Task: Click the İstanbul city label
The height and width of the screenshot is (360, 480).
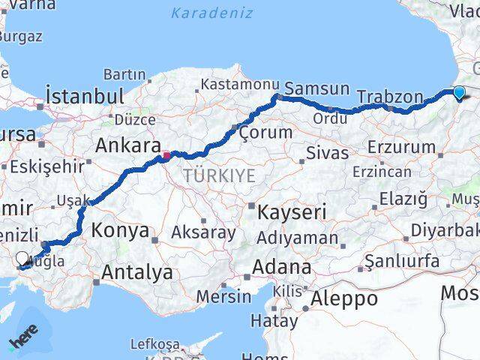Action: [x=84, y=96]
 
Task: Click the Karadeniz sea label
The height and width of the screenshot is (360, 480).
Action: [x=211, y=13]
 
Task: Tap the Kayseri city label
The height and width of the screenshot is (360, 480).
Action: [x=292, y=212]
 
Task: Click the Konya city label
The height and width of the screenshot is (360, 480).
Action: [x=121, y=231]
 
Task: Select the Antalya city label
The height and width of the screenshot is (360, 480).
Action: [x=137, y=272]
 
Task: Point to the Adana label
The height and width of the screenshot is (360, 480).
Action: [x=281, y=267]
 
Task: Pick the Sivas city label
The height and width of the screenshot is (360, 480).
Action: [x=327, y=154]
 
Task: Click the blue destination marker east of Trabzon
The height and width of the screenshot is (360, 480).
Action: [x=459, y=93]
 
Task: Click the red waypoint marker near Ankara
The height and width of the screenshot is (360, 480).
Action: [x=166, y=157]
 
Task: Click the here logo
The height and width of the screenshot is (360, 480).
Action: [x=24, y=339]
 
